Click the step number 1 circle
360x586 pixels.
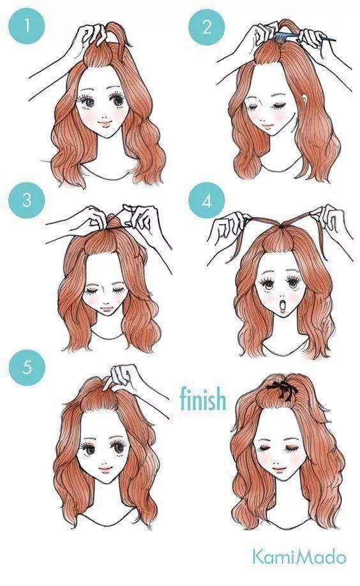27,26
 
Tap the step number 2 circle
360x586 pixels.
206,27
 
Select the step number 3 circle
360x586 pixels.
27,200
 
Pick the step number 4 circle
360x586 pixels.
206,200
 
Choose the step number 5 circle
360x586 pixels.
27,367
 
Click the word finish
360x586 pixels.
203,398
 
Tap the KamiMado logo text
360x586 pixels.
299,557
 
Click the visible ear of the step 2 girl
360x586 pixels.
306,100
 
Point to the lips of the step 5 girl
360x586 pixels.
105,468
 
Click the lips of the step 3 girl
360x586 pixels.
107,309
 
